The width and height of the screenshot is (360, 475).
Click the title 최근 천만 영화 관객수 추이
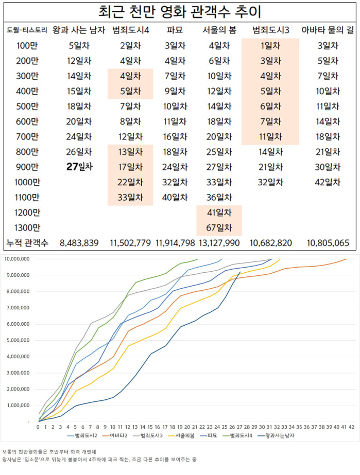[180, 11]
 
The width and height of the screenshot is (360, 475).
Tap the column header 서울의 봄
[219, 30]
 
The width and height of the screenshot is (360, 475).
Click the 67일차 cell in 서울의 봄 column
[219, 227]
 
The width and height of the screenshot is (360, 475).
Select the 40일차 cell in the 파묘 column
[170, 197]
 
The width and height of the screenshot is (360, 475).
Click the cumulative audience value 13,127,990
[219, 242]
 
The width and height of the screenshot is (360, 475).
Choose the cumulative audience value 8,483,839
[79, 242]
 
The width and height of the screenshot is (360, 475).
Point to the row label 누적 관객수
[27, 242]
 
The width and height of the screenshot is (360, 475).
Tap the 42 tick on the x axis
[352, 427]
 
